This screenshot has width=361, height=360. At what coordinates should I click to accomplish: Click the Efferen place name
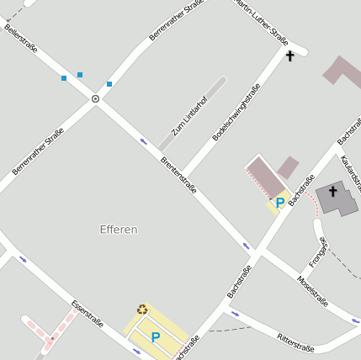tap(118, 229)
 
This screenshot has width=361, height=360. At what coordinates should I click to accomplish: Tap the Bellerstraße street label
tap(21, 39)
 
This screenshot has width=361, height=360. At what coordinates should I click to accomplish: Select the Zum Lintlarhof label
tap(189, 115)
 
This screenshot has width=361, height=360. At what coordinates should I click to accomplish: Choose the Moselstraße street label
tap(313, 291)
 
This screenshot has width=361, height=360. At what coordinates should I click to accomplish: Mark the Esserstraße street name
tap(88, 313)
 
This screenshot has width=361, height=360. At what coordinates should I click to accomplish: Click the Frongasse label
tap(317, 251)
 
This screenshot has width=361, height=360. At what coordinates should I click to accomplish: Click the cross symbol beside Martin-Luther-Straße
tap(290, 56)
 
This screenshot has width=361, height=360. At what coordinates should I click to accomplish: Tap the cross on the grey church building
tap(332, 192)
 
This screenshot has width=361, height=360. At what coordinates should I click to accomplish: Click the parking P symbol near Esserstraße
tap(155, 337)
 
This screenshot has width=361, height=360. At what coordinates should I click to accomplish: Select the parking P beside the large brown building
tap(279, 203)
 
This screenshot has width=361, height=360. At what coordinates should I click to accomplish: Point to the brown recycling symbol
tap(142, 310)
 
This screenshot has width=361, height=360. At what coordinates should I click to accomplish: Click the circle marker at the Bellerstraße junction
tap(95, 99)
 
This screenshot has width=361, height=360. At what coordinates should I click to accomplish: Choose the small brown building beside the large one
tap(289, 167)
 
